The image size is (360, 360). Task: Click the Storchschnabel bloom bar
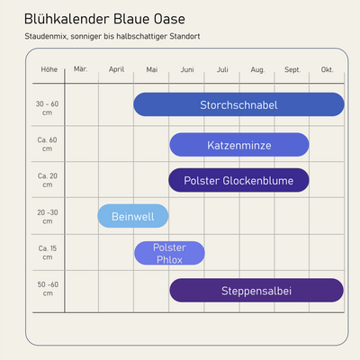pos(238,104)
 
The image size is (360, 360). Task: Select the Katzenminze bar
pos(238,144)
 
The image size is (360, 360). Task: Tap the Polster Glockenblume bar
pos(238,180)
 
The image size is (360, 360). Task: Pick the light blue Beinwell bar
pos(133,216)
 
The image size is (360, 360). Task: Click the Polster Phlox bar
pos(169,253)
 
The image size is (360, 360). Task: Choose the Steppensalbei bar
pos(256,290)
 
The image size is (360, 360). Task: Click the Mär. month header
pos(80,69)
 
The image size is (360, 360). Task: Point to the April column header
pos(116,69)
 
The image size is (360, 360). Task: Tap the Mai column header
pos(151,69)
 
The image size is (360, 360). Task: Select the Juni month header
pos(186,69)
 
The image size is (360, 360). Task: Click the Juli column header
pos(222,69)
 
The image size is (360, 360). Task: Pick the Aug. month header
pos(257,69)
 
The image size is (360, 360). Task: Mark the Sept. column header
pos(292,69)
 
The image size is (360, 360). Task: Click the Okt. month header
pos(328,69)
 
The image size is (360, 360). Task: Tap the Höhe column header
pos(49,69)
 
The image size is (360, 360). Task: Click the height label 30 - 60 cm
pos(48,108)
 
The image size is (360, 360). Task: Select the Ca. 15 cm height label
pos(48,253)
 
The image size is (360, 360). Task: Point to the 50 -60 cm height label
pos(48,290)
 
